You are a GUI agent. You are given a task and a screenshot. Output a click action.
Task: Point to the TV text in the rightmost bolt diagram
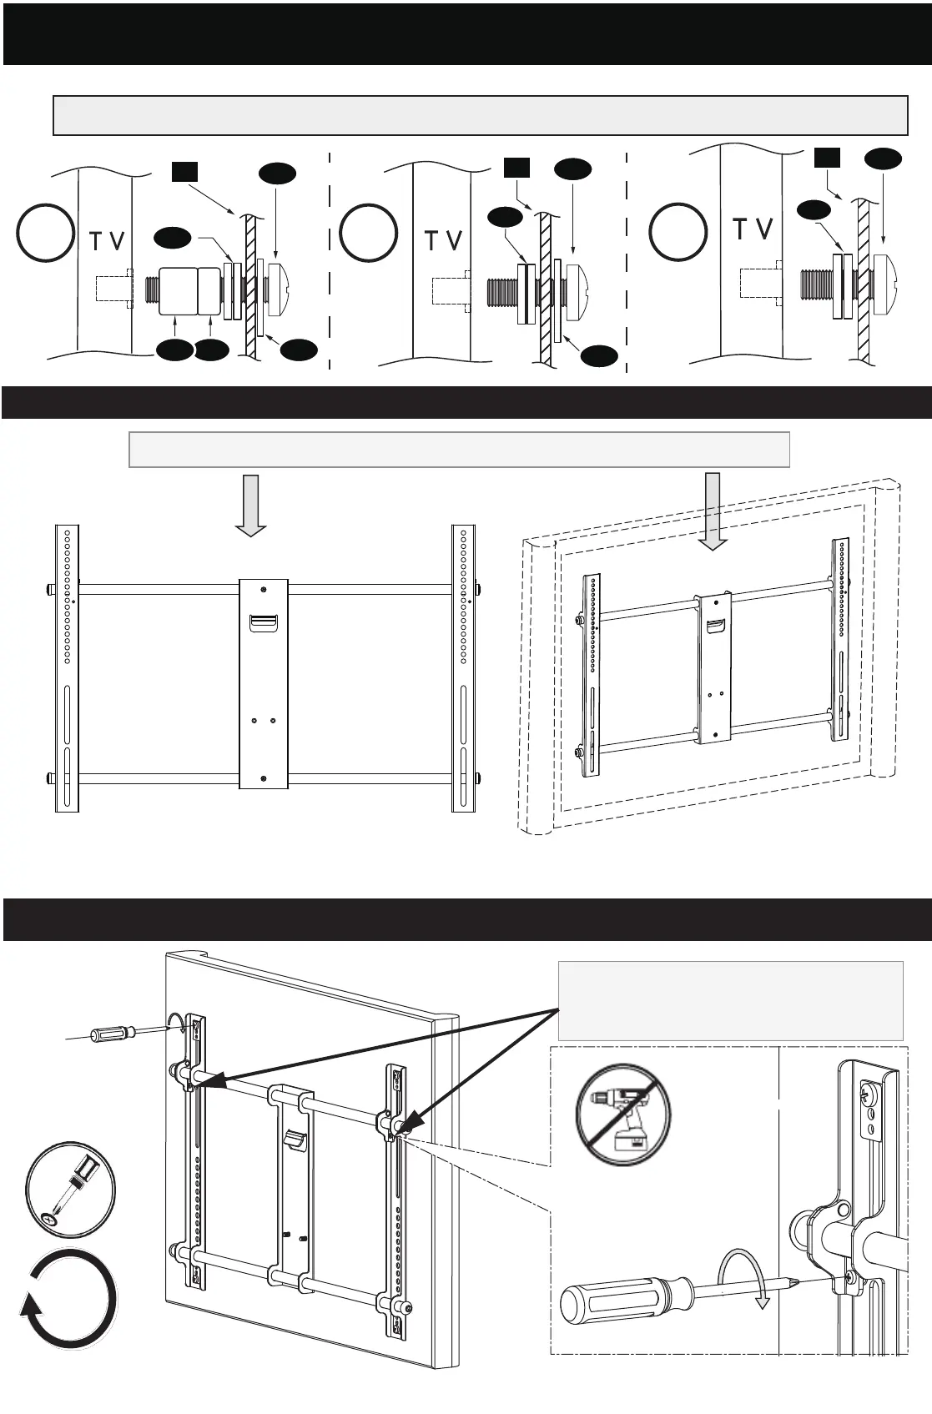(753, 229)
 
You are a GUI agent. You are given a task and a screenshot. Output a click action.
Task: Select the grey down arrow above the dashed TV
(713, 511)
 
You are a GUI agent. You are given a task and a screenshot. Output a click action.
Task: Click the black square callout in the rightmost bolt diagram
(827, 158)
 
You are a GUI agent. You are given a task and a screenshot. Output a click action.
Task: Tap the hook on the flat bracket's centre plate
(263, 621)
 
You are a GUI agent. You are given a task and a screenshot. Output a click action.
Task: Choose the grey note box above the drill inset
(730, 1000)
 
